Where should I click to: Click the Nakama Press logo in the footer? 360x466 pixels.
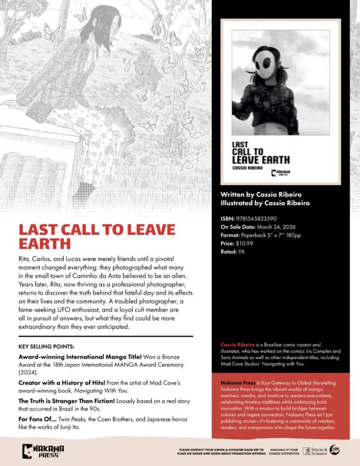[43, 451]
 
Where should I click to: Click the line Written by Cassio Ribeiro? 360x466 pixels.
[261, 194]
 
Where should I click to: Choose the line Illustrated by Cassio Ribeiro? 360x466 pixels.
[265, 203]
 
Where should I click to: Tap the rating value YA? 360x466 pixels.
[241, 252]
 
